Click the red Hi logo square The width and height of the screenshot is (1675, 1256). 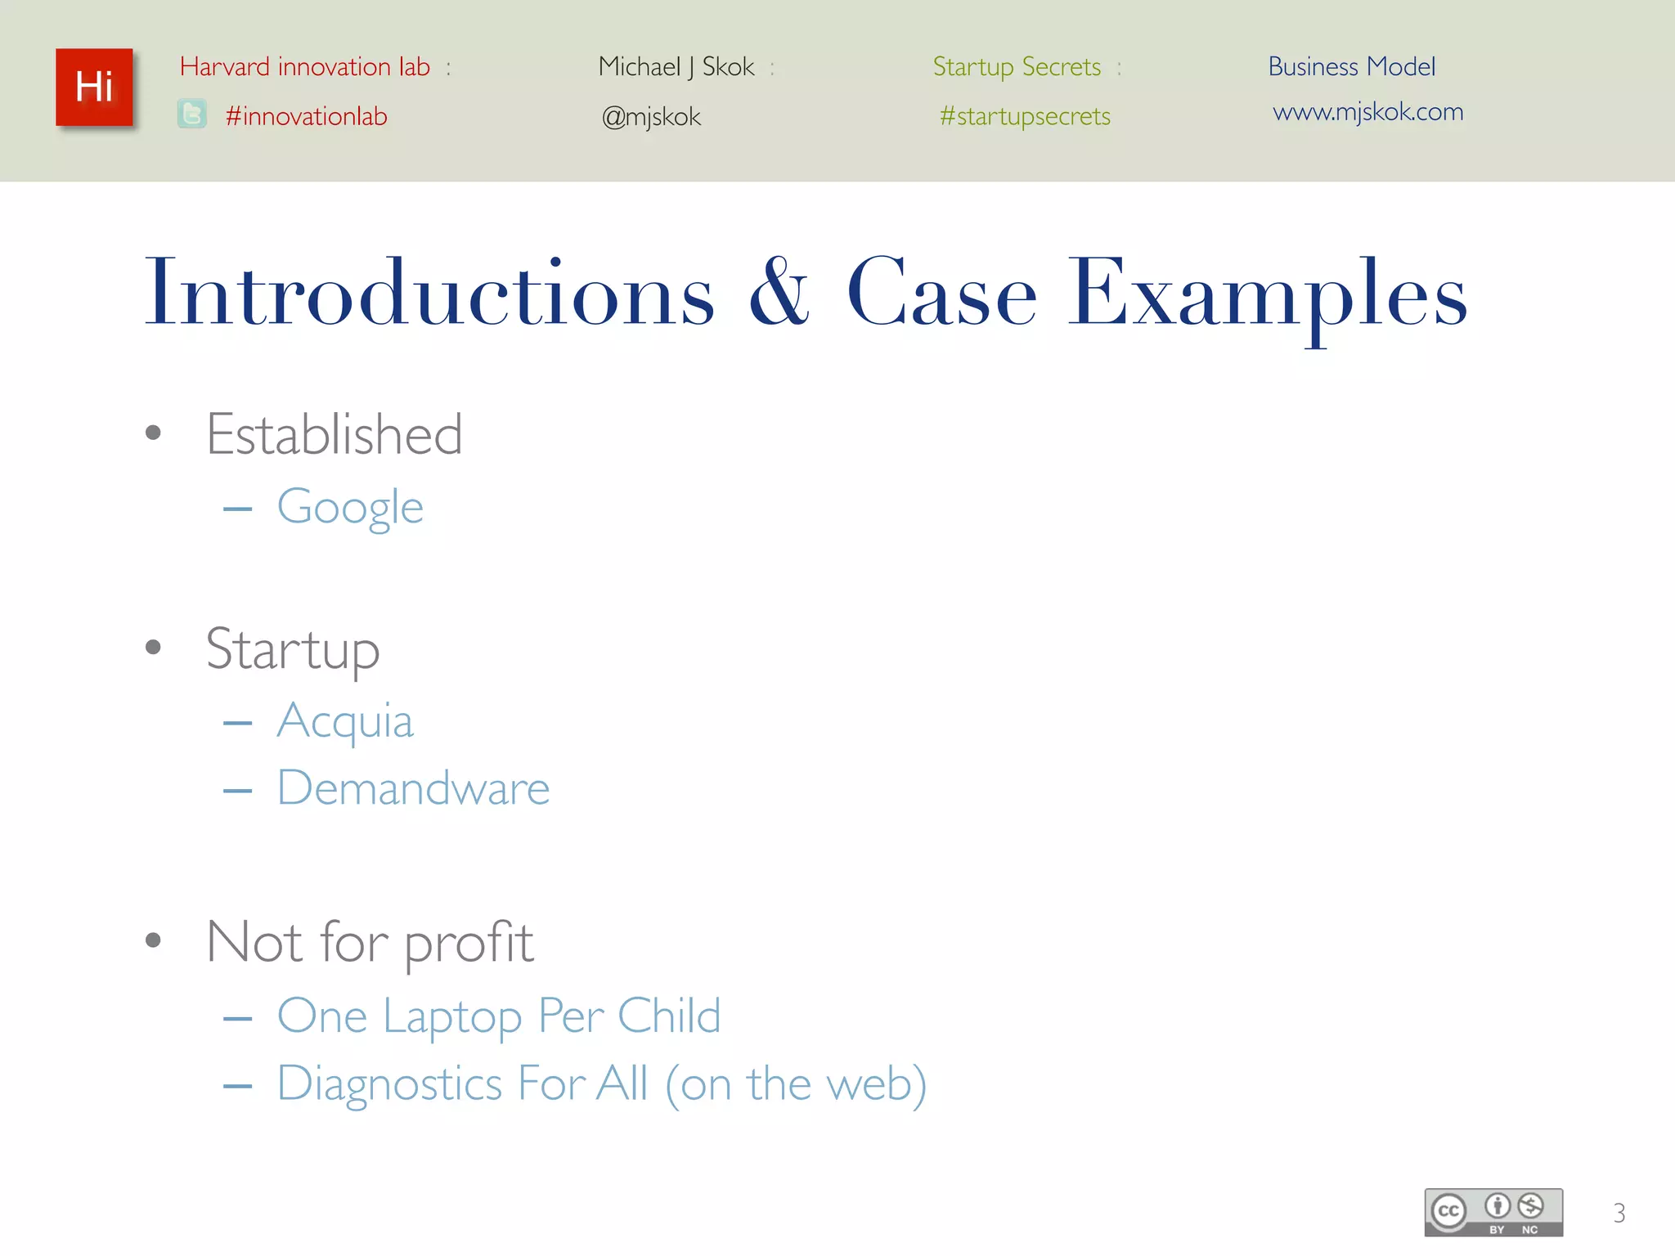(x=94, y=87)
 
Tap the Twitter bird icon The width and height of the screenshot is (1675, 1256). (x=192, y=114)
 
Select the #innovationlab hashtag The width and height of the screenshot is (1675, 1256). (x=306, y=116)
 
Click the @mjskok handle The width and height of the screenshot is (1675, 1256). (x=651, y=117)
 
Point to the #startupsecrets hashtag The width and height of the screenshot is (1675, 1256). (x=1024, y=116)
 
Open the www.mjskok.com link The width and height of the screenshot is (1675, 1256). (x=1367, y=111)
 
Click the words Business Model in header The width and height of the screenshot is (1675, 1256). (x=1351, y=66)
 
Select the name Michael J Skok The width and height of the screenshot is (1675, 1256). (x=676, y=66)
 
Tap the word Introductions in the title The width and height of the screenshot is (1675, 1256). (x=429, y=293)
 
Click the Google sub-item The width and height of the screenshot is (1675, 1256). (x=349, y=507)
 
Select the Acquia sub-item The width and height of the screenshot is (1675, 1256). (x=344, y=721)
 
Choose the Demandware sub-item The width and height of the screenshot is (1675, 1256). (x=413, y=788)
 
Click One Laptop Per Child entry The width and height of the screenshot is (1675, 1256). (x=498, y=1016)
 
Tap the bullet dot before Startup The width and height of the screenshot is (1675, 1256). (x=153, y=648)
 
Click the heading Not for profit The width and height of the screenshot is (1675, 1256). (x=370, y=942)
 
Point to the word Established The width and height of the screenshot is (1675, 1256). (x=334, y=434)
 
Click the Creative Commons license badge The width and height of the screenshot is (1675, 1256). (x=1493, y=1212)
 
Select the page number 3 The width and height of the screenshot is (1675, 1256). (x=1619, y=1213)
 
